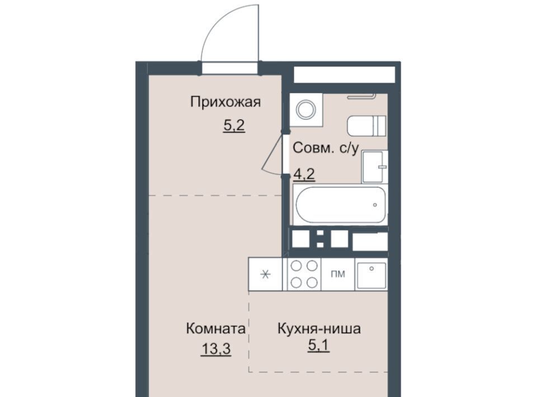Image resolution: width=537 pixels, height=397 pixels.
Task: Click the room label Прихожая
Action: [x=225, y=102]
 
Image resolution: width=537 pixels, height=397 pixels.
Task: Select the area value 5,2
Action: [x=234, y=126]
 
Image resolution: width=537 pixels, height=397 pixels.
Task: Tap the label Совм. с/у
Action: [x=326, y=148]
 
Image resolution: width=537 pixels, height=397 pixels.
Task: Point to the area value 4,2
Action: [x=304, y=174]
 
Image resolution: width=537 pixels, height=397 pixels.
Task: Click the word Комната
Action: [x=216, y=329]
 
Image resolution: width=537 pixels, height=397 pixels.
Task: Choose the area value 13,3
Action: [x=216, y=349]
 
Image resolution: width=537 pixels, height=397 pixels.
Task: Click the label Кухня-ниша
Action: [x=319, y=329]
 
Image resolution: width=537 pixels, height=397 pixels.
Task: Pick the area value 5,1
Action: [x=319, y=346]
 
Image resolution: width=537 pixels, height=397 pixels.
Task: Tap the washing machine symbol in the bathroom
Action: [x=306, y=110]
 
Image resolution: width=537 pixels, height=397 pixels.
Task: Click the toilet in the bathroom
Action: [x=366, y=126]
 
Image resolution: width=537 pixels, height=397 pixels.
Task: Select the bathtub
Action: [x=341, y=205]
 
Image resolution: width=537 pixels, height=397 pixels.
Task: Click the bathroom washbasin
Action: [x=375, y=167]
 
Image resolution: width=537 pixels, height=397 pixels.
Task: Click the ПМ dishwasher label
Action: [x=338, y=274]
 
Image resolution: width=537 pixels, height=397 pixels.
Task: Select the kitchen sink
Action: [x=371, y=275]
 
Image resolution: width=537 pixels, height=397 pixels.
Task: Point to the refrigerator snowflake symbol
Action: [x=265, y=274]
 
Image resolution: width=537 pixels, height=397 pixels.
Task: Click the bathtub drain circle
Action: [x=375, y=205]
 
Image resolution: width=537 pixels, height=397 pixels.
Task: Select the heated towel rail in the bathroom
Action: [x=362, y=96]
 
